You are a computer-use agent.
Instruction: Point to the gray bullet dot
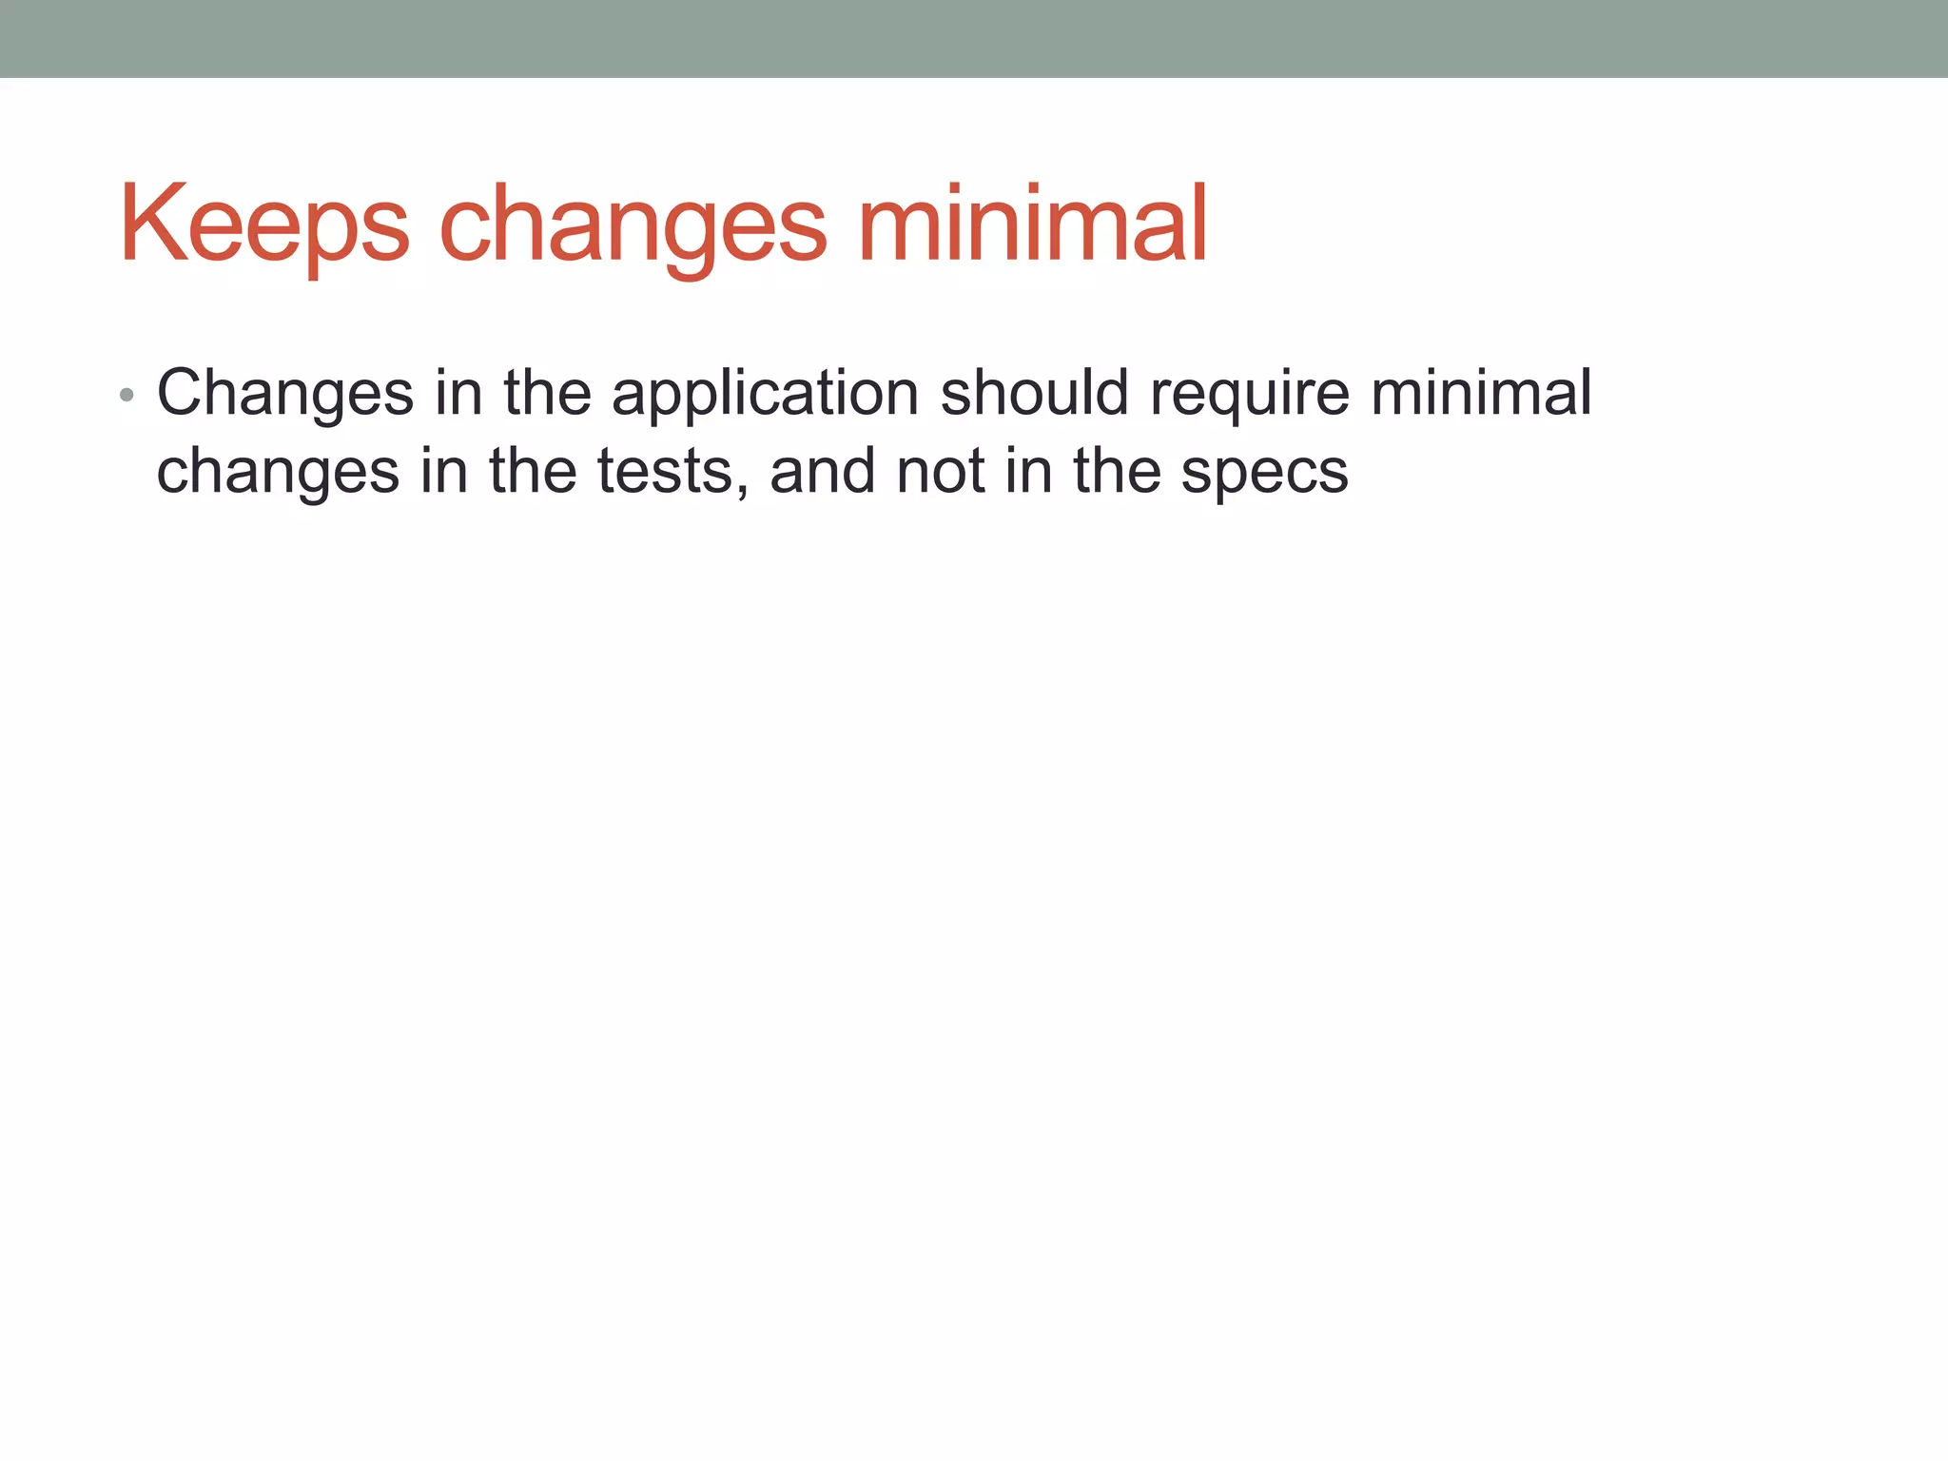pyautogui.click(x=127, y=396)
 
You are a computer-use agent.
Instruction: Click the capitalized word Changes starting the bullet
pyautogui.click(x=285, y=392)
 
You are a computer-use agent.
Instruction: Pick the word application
pyautogui.click(x=765, y=392)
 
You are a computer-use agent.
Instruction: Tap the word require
pyautogui.click(x=1249, y=392)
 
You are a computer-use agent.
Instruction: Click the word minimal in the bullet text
pyautogui.click(x=1481, y=392)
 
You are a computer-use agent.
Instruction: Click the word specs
pyautogui.click(x=1264, y=471)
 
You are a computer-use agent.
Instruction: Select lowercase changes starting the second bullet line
pyautogui.click(x=278, y=471)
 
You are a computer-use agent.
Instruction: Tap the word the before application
pyautogui.click(x=547, y=392)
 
